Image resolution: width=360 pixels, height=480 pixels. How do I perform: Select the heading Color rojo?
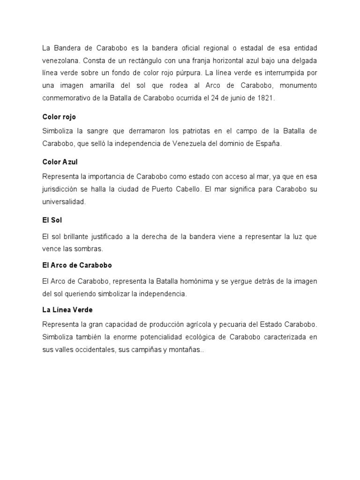(x=59, y=117)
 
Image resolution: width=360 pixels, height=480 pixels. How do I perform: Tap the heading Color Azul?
(x=60, y=162)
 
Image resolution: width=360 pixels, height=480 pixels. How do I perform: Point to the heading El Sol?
(x=52, y=220)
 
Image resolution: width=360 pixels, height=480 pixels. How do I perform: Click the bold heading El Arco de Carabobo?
(x=77, y=265)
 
